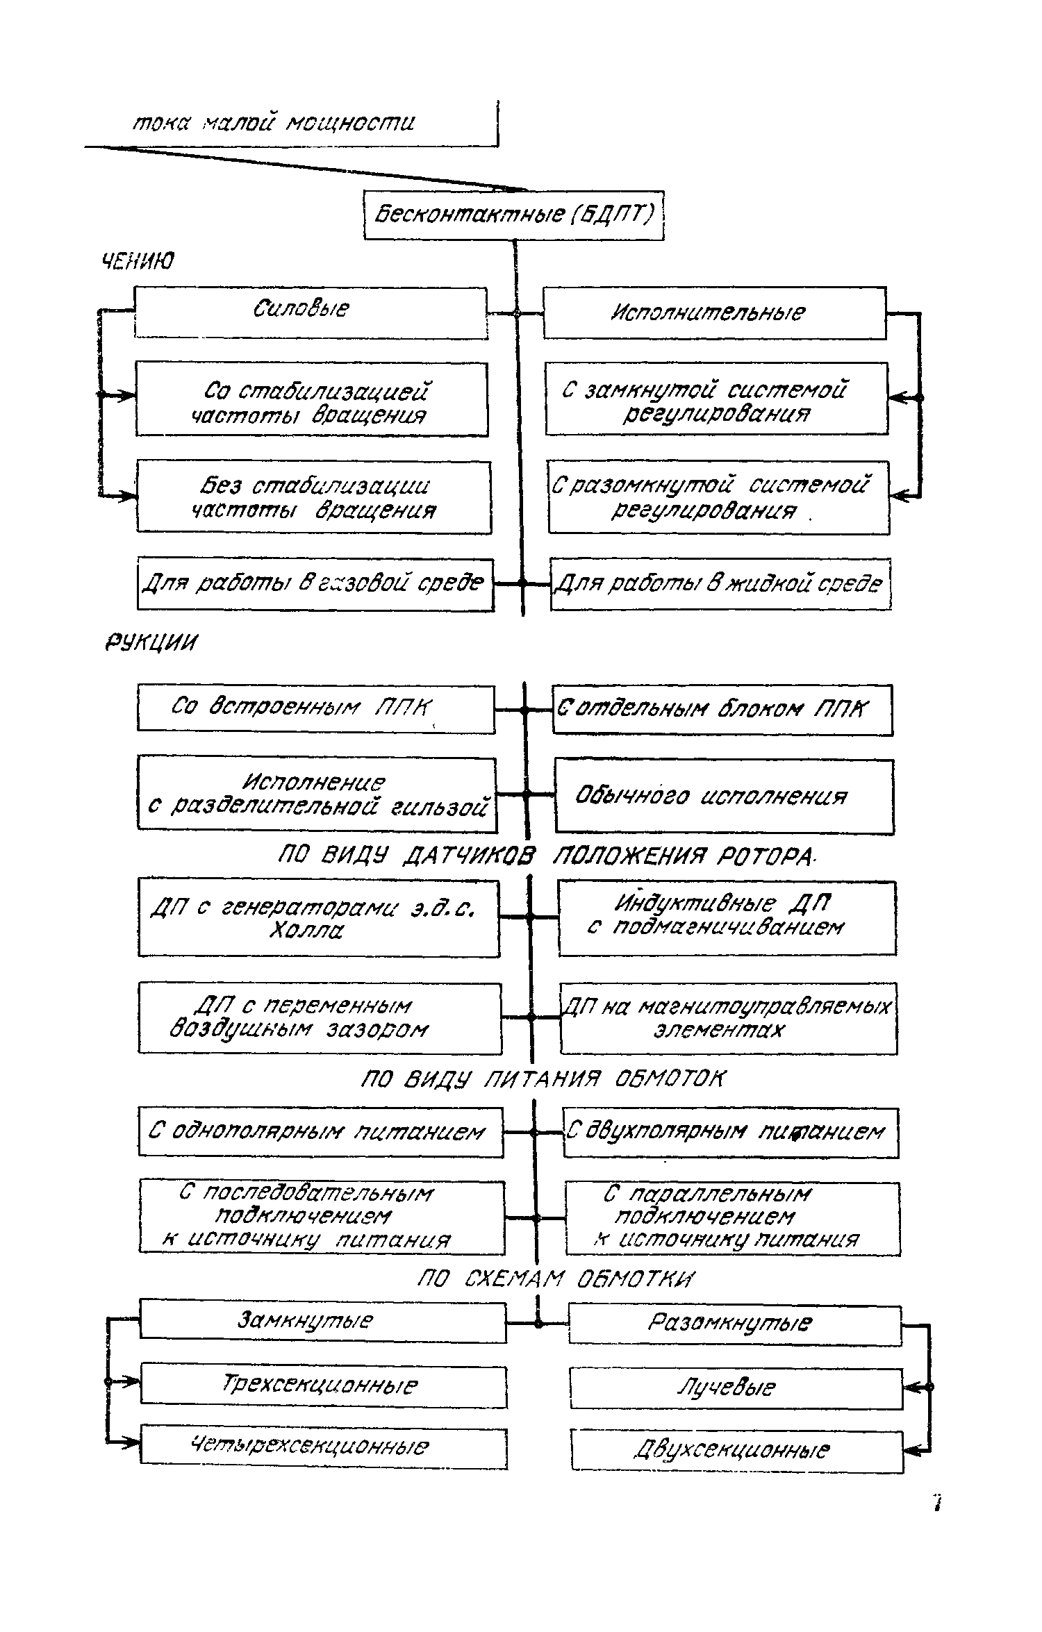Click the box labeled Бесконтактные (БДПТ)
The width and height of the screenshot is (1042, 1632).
coord(514,215)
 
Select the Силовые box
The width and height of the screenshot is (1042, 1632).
coord(311,313)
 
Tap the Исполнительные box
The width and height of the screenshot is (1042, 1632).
coord(714,313)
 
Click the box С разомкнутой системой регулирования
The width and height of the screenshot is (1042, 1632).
coord(718,498)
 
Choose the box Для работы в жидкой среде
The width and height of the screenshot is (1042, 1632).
coord(720,584)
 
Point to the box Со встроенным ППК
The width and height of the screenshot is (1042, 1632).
coord(316,708)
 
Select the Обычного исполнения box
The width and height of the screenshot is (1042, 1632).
coord(724,797)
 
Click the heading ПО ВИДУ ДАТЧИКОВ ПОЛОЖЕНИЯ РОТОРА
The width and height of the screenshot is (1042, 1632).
coord(546,858)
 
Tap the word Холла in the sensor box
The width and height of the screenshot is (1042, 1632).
coord(306,931)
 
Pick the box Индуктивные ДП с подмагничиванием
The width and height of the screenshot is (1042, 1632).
coord(727,917)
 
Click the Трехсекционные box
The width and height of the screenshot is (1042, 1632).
coord(323,1386)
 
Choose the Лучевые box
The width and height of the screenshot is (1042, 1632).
coord(736,1388)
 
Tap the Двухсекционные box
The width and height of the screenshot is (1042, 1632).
coord(736,1451)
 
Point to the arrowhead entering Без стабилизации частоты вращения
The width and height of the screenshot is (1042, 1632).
coord(129,496)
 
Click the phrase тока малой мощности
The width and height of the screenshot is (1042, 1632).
coord(274,124)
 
